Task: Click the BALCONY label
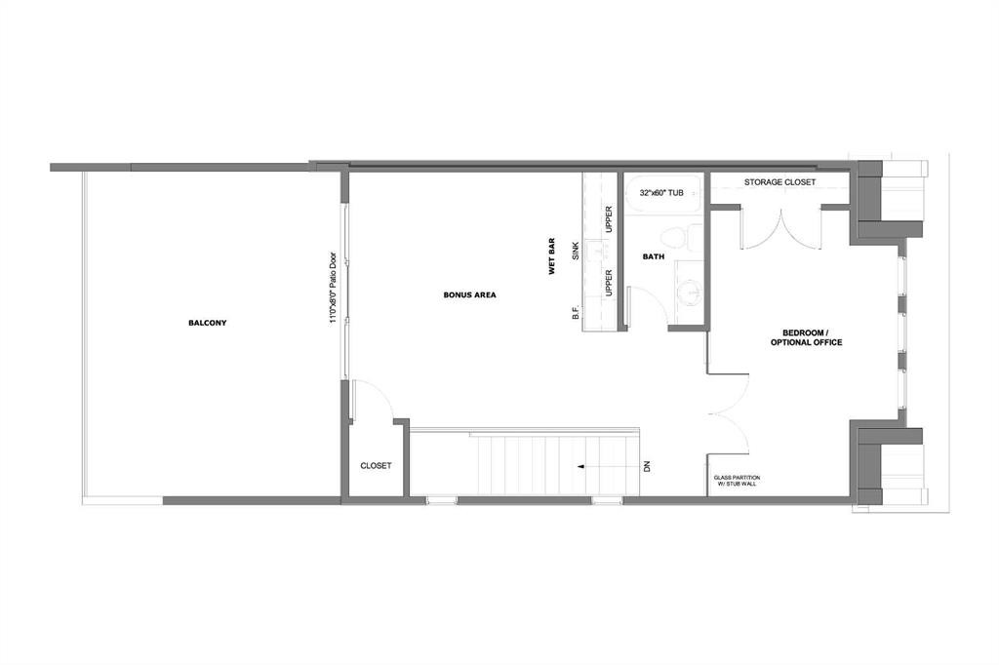207,323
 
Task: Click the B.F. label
577,313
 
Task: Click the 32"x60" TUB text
660,193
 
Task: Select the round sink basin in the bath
688,292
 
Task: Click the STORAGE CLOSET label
779,182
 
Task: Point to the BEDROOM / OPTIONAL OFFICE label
806,337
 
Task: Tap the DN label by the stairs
646,467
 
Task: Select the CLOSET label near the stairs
376,466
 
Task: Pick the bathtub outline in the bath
660,199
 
